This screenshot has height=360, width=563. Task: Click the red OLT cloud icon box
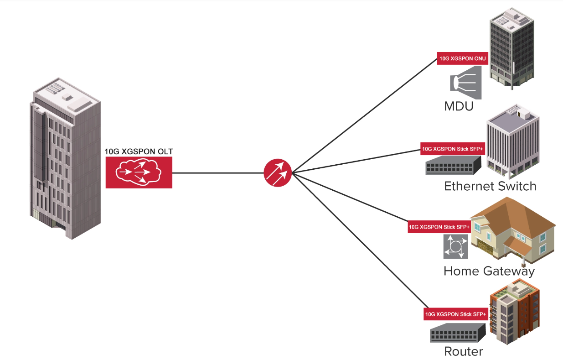[x=139, y=172]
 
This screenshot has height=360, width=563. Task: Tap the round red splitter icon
[x=277, y=173]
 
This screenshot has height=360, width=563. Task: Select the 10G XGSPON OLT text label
[x=139, y=151]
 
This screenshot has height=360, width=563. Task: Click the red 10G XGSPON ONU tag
[x=462, y=58]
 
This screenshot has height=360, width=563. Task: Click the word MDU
[x=459, y=107]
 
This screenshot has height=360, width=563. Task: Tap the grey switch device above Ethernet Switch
[x=454, y=165]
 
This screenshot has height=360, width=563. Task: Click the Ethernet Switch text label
[x=490, y=186]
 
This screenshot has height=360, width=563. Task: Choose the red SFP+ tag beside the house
[x=439, y=226]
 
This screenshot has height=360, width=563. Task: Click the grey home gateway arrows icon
[x=455, y=246]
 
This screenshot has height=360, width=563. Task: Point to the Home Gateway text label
[x=489, y=271]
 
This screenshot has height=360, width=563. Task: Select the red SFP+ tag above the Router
[x=455, y=314]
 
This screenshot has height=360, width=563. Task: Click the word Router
[x=463, y=352]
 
